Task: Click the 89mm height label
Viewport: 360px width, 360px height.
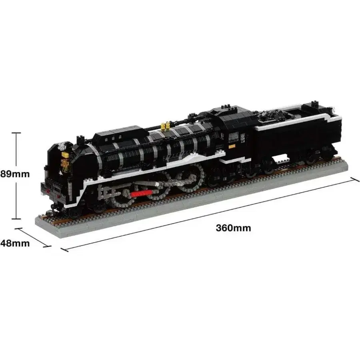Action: point(15,174)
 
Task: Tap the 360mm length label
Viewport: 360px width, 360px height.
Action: point(233,228)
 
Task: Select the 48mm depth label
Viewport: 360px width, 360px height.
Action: point(15,243)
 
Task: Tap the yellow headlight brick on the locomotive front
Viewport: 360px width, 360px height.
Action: point(66,155)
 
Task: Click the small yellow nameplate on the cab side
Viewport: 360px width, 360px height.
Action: point(232,146)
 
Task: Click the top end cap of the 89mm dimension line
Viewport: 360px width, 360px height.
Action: point(16,133)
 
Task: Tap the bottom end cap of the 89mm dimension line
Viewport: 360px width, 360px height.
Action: point(16,219)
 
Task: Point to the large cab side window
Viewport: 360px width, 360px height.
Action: point(234,137)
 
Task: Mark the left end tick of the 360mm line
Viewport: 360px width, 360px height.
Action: point(64,250)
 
